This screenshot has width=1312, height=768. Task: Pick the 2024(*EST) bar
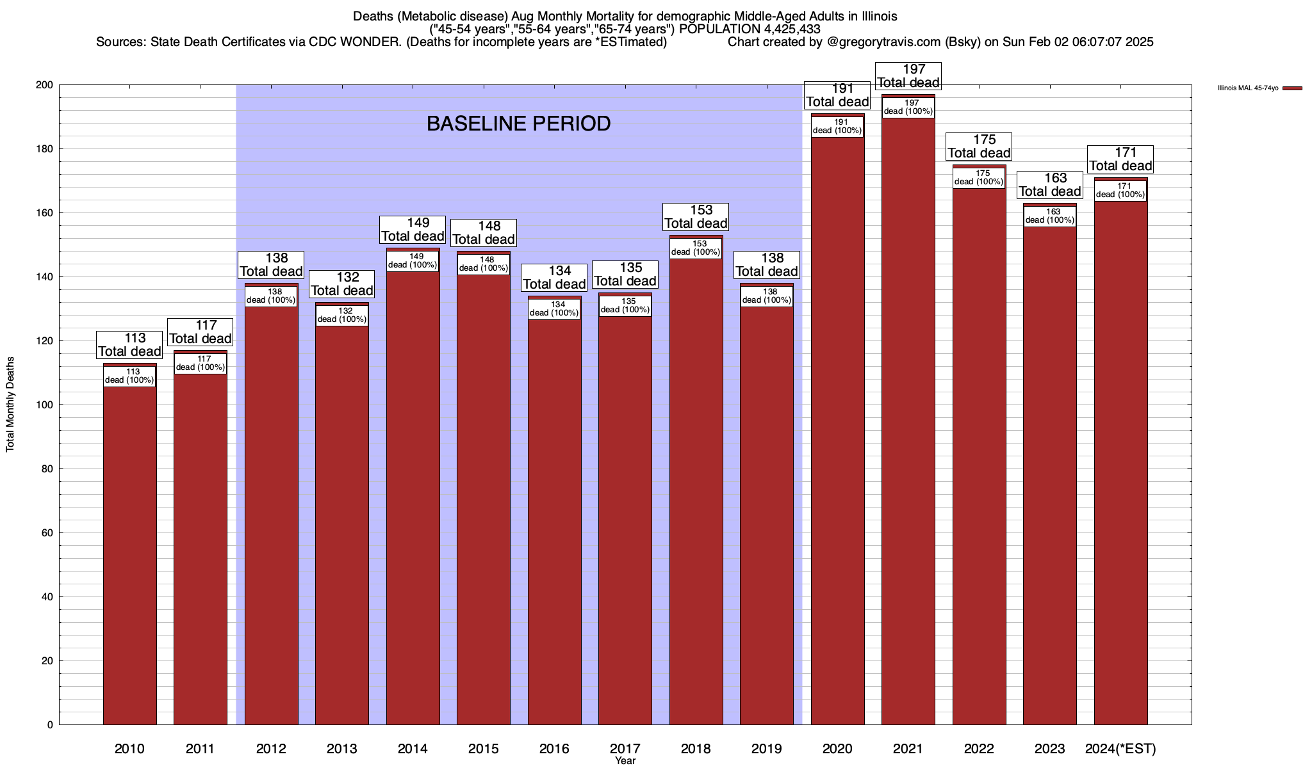pyautogui.click(x=1120, y=461)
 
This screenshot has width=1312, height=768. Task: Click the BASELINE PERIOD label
pyautogui.click(x=518, y=124)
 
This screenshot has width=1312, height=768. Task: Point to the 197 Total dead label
pyautogui.click(x=908, y=76)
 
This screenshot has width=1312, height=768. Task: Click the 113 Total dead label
pyautogui.click(x=130, y=345)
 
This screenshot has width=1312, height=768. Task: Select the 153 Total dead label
pyautogui.click(x=696, y=217)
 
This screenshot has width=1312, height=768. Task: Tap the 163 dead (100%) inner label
pyautogui.click(x=1050, y=216)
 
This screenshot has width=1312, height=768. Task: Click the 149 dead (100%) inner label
pyautogui.click(x=413, y=261)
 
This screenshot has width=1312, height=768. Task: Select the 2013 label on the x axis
pyautogui.click(x=342, y=749)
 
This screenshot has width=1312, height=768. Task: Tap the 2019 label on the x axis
pyautogui.click(x=766, y=749)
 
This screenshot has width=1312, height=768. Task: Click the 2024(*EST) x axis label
pyautogui.click(x=1120, y=749)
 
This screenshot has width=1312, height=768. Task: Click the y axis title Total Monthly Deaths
pyautogui.click(x=10, y=404)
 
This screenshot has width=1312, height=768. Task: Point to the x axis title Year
pyautogui.click(x=625, y=761)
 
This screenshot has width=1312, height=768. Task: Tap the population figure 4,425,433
pyautogui.click(x=792, y=29)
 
